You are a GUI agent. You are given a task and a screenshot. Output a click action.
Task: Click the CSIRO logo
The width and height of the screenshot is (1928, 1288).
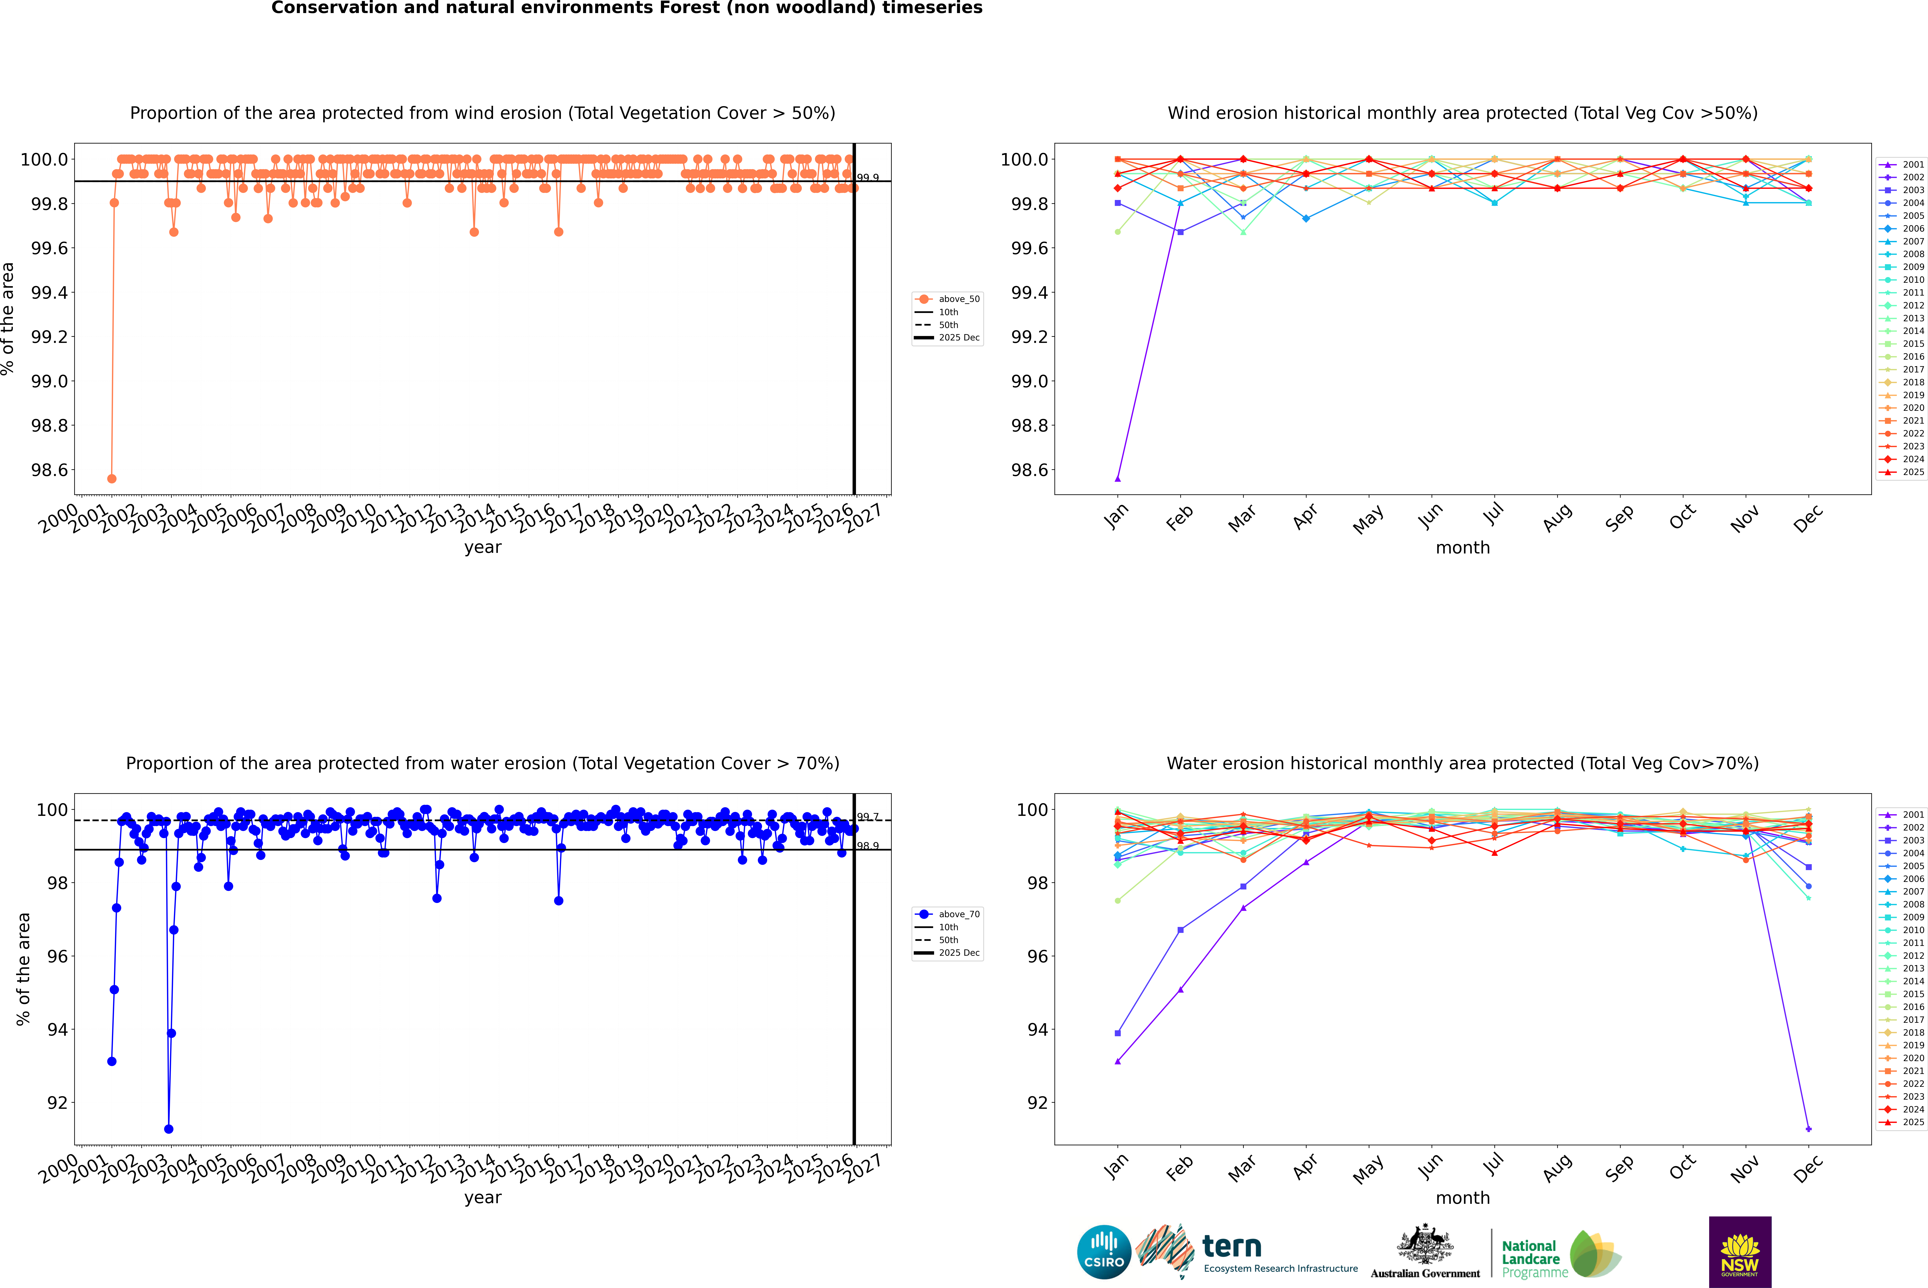(x=1104, y=1252)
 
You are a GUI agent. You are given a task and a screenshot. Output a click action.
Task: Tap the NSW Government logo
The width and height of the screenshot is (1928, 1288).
(x=1740, y=1252)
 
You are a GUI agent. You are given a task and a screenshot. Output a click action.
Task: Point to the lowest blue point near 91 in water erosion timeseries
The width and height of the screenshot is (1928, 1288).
(x=168, y=1129)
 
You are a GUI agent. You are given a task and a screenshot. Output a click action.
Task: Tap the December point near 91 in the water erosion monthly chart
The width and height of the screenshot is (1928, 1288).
(x=1808, y=1129)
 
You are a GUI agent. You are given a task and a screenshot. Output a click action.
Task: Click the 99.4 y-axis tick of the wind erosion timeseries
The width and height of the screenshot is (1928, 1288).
(x=49, y=292)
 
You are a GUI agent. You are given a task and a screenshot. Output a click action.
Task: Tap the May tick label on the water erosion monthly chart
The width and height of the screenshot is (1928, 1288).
(x=1368, y=1168)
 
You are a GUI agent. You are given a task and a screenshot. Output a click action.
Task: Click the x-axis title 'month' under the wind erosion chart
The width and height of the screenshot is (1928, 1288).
(x=1463, y=548)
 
